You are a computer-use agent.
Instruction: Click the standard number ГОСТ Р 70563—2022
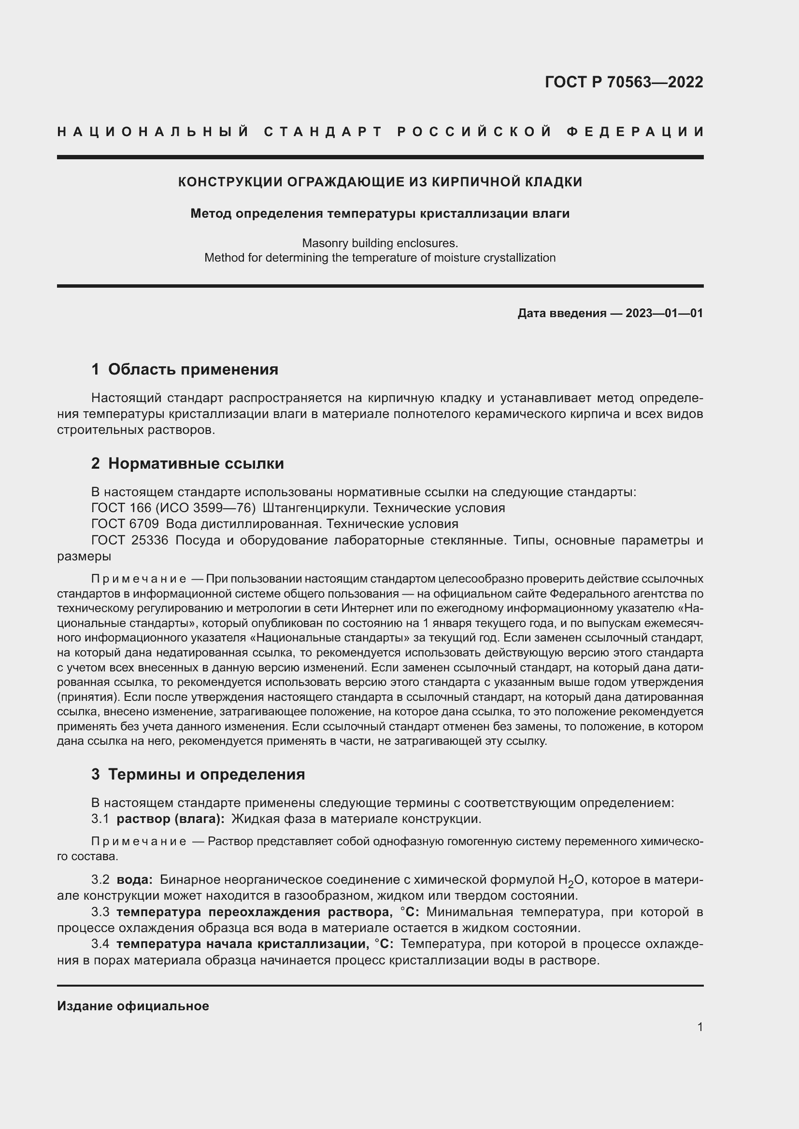click(623, 82)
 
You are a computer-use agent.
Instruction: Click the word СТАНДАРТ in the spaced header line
click(323, 132)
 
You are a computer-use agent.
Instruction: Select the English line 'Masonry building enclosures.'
click(380, 243)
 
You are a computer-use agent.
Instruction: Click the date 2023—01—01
click(664, 313)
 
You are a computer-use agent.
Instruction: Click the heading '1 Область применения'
click(185, 369)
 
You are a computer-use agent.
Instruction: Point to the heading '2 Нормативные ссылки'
click(187, 463)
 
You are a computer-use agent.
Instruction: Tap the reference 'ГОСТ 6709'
click(125, 524)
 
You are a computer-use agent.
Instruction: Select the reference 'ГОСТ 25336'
click(130, 541)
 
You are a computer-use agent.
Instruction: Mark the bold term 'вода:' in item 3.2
click(134, 879)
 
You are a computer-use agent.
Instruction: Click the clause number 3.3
click(100, 912)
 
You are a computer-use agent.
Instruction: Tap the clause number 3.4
click(100, 944)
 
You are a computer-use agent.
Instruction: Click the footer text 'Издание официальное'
click(133, 1006)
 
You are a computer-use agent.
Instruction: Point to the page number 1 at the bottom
click(699, 1027)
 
